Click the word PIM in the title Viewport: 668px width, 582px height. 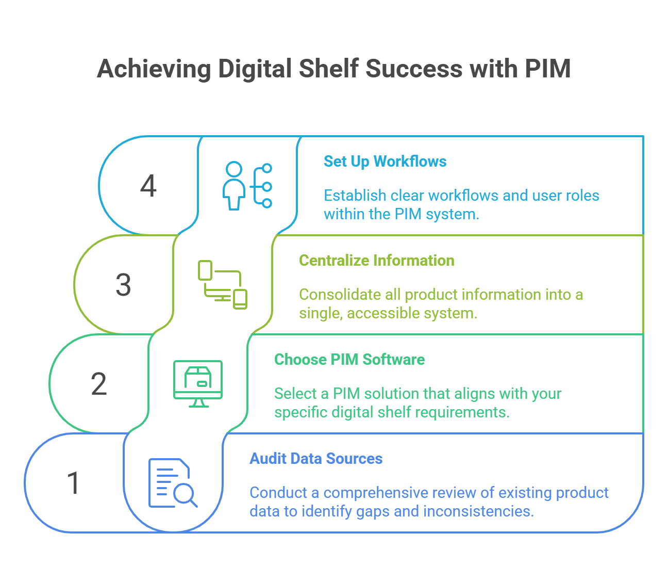(x=547, y=69)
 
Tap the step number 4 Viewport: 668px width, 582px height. (x=148, y=186)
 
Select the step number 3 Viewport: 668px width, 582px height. (x=123, y=285)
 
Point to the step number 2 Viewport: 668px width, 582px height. (x=98, y=384)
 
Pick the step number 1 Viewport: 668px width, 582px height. (x=73, y=483)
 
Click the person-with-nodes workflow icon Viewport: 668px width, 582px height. (x=247, y=186)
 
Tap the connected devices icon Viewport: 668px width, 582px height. (x=223, y=285)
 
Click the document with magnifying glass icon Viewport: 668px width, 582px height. (x=173, y=483)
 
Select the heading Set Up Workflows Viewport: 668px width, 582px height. (x=385, y=161)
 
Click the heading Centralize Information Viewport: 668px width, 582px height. (x=376, y=261)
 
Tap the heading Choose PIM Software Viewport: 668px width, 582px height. (x=349, y=360)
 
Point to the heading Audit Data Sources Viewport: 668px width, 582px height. (x=316, y=459)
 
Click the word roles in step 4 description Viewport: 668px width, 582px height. (x=582, y=196)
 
